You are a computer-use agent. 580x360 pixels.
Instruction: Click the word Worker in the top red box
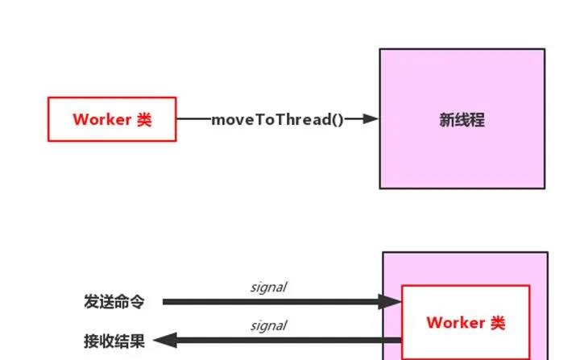[x=101, y=119]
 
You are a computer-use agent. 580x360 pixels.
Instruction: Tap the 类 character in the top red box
[x=143, y=119]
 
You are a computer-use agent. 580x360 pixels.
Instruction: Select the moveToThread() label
[x=277, y=119]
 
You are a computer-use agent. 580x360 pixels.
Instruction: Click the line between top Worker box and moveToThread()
[x=193, y=119]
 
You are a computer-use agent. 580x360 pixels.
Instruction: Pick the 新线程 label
[x=462, y=120]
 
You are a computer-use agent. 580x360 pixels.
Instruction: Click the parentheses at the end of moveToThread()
[x=338, y=119]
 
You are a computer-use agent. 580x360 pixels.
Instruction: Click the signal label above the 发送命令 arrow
[x=269, y=288]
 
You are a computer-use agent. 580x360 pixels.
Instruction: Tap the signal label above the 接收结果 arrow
[x=269, y=326]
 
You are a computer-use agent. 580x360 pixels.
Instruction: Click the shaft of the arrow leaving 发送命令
[x=274, y=302]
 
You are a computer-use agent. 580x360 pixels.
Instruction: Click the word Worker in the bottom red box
[x=456, y=323]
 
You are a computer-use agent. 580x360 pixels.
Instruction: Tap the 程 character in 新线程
[x=478, y=120]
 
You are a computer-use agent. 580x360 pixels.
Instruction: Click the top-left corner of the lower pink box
[x=383, y=253]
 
